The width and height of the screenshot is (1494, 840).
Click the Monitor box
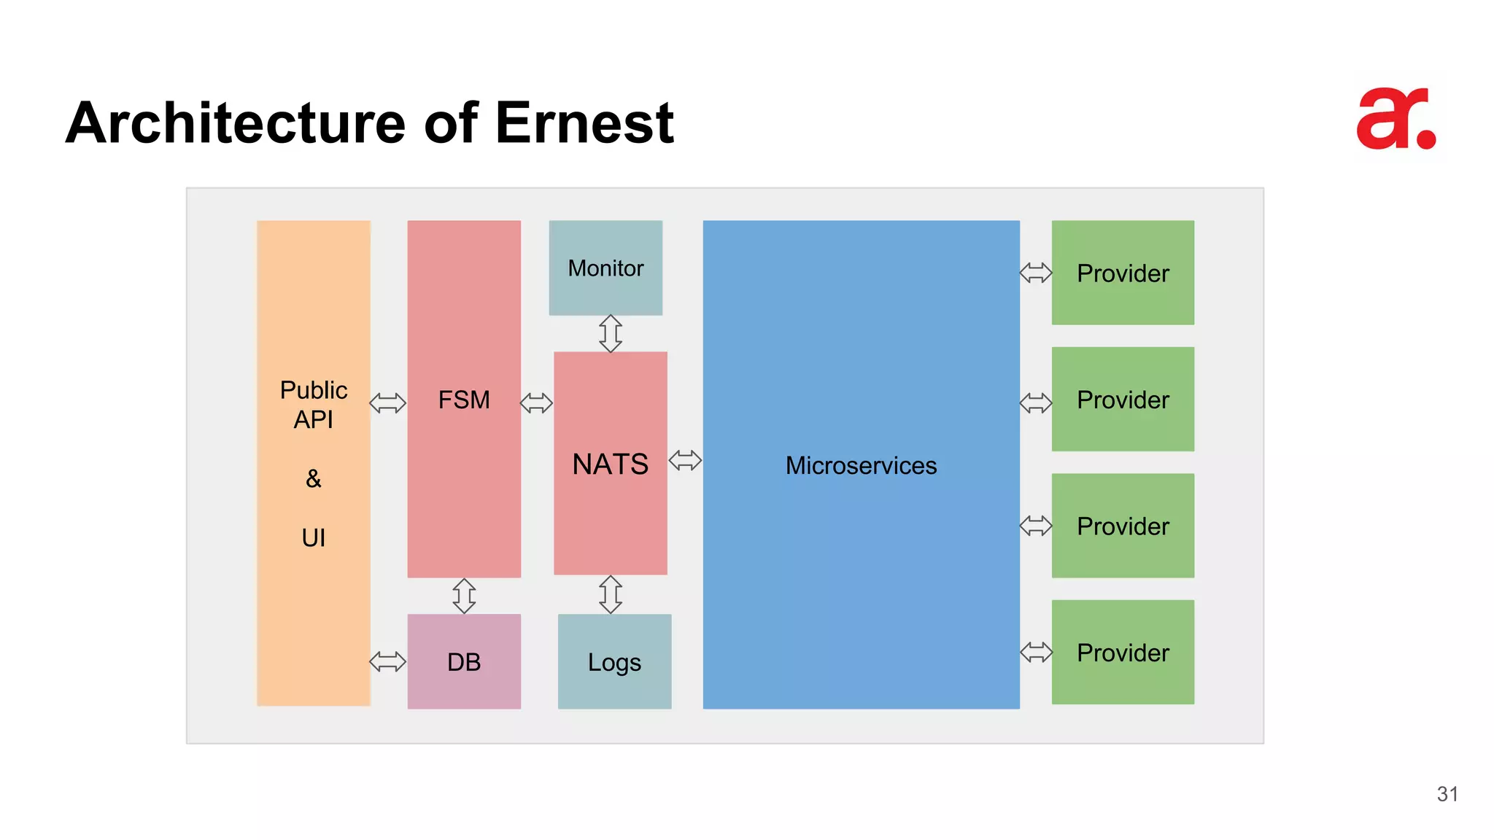[605, 268]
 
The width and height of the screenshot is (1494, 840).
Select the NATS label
[611, 464]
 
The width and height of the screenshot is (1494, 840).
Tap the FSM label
[464, 400]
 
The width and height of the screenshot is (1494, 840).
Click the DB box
[464, 662]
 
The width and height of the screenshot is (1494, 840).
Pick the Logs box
[614, 662]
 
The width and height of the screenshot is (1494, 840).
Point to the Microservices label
[861, 466]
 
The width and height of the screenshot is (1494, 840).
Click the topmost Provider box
[1123, 273]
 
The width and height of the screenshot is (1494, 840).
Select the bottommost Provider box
[1123, 653]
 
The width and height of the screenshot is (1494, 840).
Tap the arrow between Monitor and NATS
[611, 334]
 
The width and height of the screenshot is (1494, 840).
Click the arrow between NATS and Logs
[611, 594]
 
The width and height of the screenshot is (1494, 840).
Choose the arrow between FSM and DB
[464, 596]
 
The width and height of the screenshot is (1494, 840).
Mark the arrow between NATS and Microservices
[685, 461]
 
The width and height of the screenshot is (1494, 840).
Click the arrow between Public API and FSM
[388, 402]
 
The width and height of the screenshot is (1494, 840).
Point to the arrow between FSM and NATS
[537, 402]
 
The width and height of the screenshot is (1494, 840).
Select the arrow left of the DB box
[388, 662]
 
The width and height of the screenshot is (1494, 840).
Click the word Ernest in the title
[584, 122]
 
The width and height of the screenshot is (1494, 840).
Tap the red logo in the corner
[1396, 119]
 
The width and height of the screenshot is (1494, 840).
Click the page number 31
[1447, 794]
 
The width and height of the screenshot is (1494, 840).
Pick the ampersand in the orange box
[314, 479]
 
